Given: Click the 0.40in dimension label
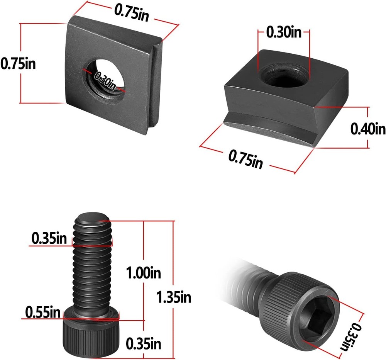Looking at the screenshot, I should pyautogui.click(x=368, y=128).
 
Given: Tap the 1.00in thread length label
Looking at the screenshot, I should pyautogui.click(x=143, y=273).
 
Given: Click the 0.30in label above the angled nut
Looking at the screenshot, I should pyautogui.click(x=284, y=32).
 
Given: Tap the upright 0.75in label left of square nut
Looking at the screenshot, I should pyautogui.click(x=18, y=63).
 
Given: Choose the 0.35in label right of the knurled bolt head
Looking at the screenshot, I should pyautogui.click(x=143, y=343).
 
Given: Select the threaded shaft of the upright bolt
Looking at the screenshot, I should pyautogui.click(x=92, y=267).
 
